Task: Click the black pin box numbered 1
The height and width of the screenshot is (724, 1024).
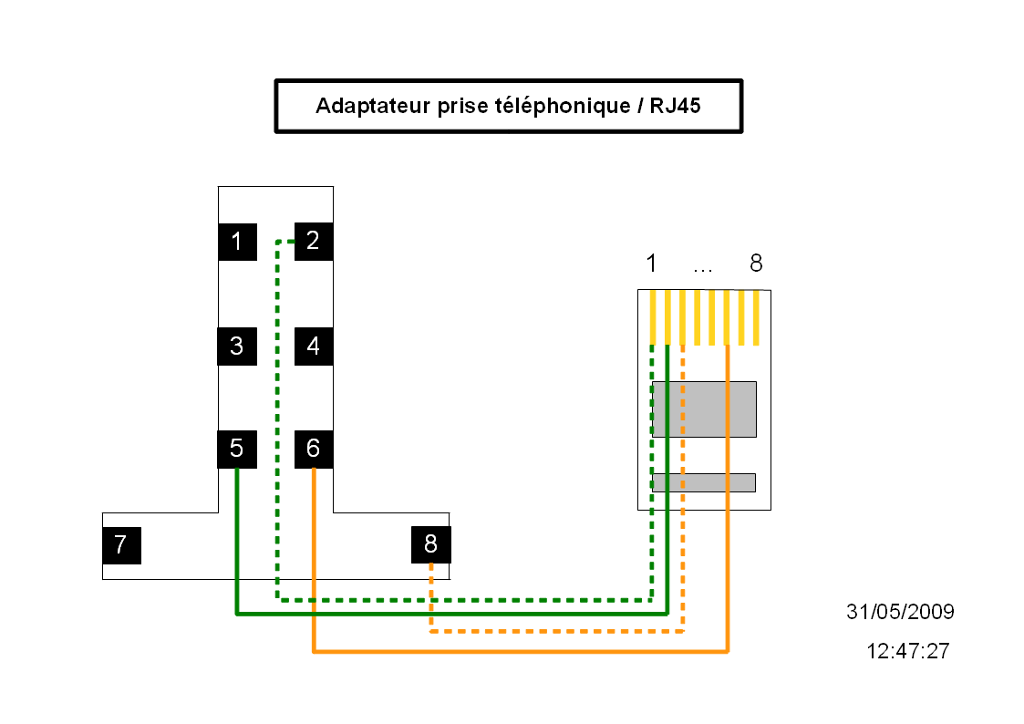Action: point(237,242)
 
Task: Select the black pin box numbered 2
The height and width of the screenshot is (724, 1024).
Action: point(314,241)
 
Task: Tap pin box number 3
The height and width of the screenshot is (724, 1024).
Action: point(237,346)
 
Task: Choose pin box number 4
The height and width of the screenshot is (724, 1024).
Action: point(314,346)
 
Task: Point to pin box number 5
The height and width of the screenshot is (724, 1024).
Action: point(237,449)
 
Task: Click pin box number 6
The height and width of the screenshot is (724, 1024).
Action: point(314,449)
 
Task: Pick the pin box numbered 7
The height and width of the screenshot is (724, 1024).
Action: point(121,545)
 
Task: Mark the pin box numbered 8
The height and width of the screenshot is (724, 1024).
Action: point(430,545)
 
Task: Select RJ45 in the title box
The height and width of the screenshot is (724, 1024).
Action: point(676,106)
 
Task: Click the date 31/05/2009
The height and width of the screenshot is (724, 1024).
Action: point(900,612)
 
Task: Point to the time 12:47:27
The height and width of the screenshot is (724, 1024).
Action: point(907,651)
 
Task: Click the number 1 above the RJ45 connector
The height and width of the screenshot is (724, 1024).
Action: point(651,264)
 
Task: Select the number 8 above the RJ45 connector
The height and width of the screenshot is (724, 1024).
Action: point(756,264)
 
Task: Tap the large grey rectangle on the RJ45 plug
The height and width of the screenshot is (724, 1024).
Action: point(704,409)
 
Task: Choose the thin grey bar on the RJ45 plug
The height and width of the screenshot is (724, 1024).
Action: point(704,482)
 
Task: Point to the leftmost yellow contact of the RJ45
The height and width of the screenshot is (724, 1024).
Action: point(653,317)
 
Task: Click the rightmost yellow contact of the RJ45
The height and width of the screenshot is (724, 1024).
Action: point(755,317)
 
